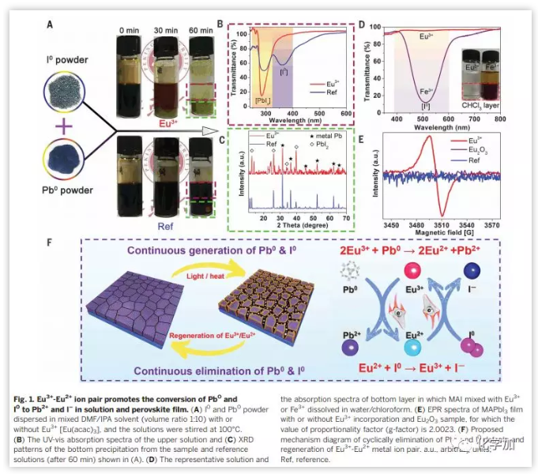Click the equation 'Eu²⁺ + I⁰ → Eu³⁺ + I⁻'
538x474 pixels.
[422, 368]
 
